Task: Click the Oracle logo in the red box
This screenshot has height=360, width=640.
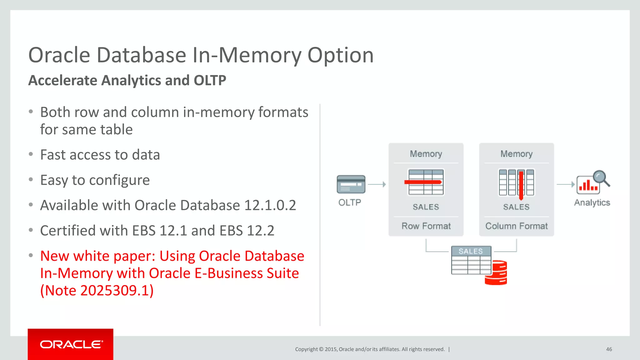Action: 71,344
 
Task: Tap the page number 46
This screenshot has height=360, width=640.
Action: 609,349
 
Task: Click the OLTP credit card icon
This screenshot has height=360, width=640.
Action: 351,184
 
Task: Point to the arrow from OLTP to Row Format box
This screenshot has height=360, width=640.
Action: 377,184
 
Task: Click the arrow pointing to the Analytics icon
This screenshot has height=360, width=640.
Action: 566,184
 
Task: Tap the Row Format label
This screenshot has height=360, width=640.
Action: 426,226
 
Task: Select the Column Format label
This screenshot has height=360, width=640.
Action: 516,226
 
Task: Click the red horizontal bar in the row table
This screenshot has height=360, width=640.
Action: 423,182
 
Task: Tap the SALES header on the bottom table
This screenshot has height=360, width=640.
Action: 471,251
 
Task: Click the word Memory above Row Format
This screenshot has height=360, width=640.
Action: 426,154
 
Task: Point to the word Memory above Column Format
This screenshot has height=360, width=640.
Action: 516,154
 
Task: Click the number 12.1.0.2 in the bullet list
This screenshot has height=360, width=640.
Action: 270,205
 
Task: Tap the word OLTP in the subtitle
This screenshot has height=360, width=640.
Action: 210,80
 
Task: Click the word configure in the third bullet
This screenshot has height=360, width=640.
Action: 119,180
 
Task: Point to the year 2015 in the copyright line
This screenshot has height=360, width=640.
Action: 330,349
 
